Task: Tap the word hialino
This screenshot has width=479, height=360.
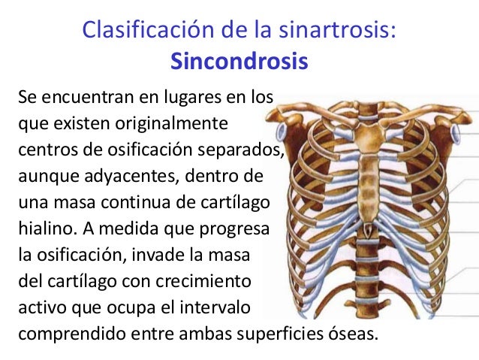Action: [x=42, y=228]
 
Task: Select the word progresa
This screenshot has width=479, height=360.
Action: [x=234, y=228]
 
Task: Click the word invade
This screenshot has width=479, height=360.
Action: [x=183, y=252]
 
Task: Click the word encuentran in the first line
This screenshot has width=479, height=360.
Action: [x=92, y=98]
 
